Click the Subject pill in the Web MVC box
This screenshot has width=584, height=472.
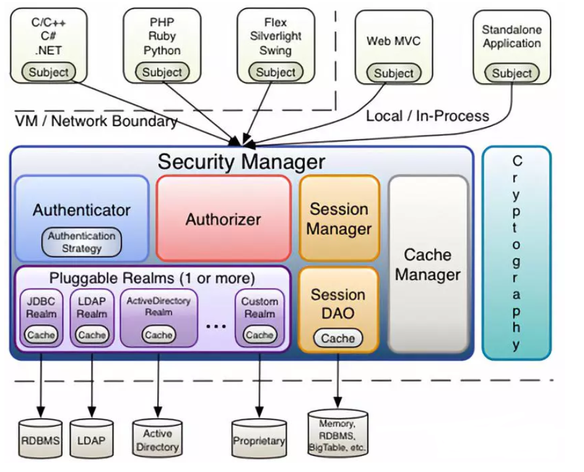(x=393, y=74)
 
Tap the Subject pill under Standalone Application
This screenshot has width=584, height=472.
(x=512, y=73)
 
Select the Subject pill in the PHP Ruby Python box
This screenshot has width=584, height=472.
(x=162, y=72)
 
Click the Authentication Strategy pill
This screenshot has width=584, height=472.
(x=82, y=242)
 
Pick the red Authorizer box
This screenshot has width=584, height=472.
(x=223, y=218)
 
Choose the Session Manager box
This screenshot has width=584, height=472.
(x=339, y=218)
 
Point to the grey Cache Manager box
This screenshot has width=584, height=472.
(x=427, y=264)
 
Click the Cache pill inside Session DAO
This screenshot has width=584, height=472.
(x=338, y=338)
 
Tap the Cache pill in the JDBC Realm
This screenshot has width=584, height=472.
(x=41, y=335)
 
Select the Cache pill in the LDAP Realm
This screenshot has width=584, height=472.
(x=92, y=335)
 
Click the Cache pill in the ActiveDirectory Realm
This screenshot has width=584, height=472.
(x=158, y=335)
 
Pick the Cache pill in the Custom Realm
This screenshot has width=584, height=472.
(x=259, y=335)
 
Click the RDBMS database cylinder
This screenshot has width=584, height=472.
(x=41, y=440)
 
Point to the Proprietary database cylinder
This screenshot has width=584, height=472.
(x=258, y=440)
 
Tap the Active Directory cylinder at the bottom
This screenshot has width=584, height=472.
(x=157, y=440)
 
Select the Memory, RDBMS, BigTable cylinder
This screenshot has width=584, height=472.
(x=338, y=435)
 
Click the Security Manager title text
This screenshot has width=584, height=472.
(x=241, y=161)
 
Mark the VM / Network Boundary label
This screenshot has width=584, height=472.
(x=96, y=121)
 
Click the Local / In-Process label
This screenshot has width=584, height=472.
(x=427, y=116)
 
